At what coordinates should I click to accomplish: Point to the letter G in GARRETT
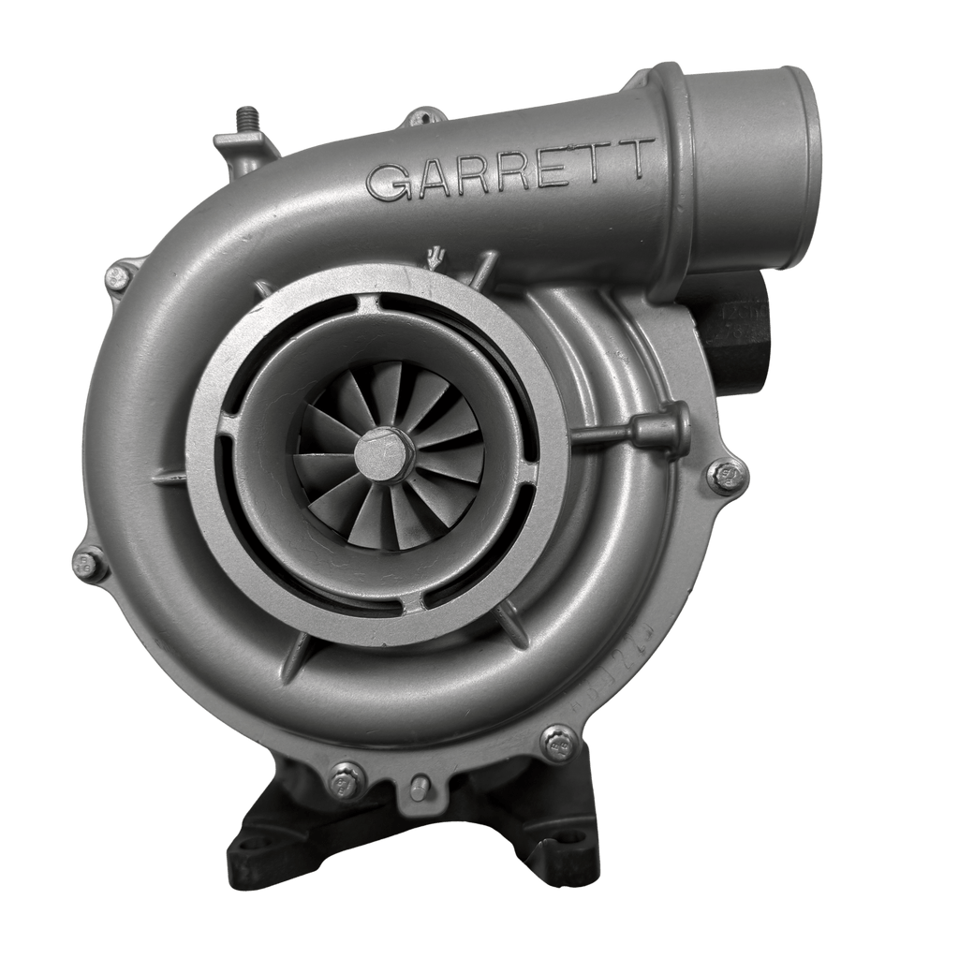tap(386, 181)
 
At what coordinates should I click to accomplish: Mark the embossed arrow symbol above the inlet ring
tap(434, 258)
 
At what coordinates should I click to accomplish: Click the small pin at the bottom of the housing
tap(420, 786)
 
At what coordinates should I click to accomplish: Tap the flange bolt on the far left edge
tap(87, 564)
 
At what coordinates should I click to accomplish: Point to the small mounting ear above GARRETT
tap(422, 118)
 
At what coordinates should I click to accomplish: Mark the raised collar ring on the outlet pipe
tap(676, 178)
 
